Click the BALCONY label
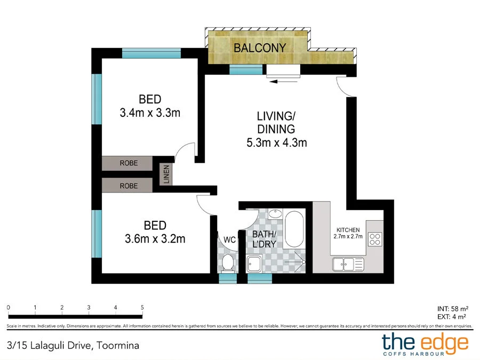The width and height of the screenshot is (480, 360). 260,48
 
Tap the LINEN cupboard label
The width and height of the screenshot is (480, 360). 166,174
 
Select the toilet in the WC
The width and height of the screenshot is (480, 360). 227,263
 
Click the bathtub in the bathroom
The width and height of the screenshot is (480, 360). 294,229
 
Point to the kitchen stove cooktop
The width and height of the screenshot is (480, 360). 375,239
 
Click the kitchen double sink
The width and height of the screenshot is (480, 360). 348,264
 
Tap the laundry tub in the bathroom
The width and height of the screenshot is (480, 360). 254,263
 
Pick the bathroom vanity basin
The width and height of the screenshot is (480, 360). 276,214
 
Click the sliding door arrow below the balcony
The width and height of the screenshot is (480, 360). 283,82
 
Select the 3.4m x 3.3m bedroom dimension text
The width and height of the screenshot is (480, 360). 150,113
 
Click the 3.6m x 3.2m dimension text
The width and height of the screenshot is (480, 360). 155,239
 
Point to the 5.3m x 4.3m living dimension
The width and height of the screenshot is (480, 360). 277,142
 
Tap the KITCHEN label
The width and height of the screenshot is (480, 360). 348,230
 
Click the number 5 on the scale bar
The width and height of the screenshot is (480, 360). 142,307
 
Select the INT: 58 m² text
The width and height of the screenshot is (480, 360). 453,309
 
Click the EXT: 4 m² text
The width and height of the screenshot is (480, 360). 452,317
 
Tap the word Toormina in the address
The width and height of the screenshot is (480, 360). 118,346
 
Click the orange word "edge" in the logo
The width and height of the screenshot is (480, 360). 445,343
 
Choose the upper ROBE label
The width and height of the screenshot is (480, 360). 129,163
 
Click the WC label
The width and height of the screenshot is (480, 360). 229,239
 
